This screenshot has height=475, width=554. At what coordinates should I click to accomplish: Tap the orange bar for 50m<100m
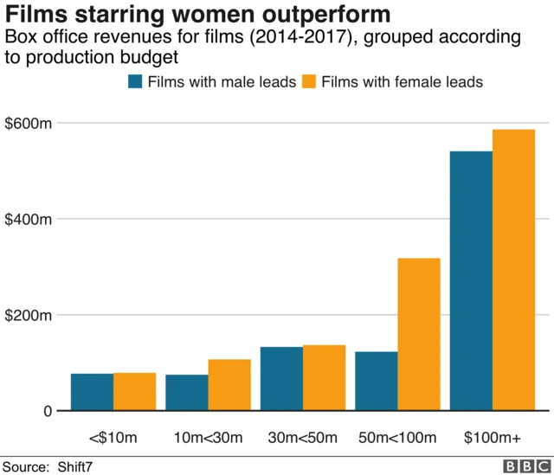(419, 334)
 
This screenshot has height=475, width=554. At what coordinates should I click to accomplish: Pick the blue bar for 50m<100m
(377, 381)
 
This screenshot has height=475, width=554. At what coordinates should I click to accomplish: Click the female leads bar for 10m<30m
(229, 385)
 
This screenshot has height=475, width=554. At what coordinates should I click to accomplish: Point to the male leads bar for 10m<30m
(187, 393)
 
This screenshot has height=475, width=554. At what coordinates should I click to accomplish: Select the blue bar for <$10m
(92, 392)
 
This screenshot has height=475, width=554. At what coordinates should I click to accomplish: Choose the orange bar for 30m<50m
(325, 378)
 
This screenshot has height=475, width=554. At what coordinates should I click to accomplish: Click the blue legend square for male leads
(135, 82)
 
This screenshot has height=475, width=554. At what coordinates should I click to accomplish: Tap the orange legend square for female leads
(308, 82)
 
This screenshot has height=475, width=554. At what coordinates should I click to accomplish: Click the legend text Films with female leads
(402, 82)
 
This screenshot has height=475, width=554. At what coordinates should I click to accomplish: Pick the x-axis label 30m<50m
(303, 436)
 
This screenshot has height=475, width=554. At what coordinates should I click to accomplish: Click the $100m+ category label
(493, 436)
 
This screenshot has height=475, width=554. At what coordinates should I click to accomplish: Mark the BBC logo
(520, 465)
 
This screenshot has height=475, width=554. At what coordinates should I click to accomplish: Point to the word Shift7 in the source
(76, 466)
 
